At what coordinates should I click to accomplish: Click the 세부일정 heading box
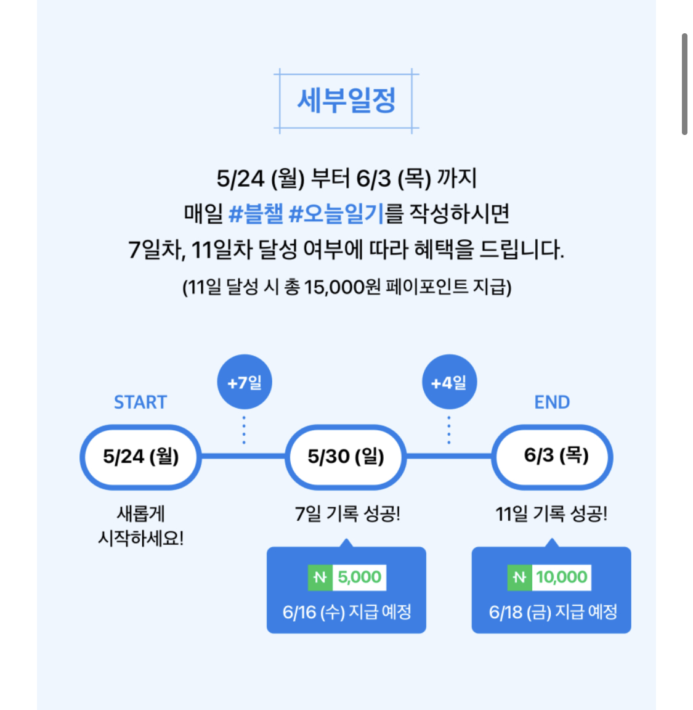[346, 100]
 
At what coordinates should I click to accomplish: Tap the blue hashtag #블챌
[256, 214]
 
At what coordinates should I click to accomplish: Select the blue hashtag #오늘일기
[336, 214]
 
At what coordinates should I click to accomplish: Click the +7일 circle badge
[245, 382]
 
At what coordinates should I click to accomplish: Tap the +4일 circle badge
[449, 382]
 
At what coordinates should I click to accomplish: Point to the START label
[140, 402]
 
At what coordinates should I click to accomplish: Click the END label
[552, 402]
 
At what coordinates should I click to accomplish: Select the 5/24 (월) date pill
[140, 457]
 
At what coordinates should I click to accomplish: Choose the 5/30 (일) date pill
[346, 457]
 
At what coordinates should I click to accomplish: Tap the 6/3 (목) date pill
[552, 457]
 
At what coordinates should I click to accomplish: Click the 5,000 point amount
[360, 577]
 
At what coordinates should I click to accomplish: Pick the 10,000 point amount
[561, 577]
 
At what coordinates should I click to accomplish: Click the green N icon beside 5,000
[320, 577]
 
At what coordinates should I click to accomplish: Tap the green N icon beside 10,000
[519, 577]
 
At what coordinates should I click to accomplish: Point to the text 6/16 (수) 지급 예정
[347, 612]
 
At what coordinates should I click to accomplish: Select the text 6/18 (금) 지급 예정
[553, 612]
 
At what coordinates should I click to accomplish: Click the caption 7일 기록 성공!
[347, 513]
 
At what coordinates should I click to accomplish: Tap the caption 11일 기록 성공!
[551, 513]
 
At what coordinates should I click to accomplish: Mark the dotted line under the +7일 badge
[245, 430]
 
